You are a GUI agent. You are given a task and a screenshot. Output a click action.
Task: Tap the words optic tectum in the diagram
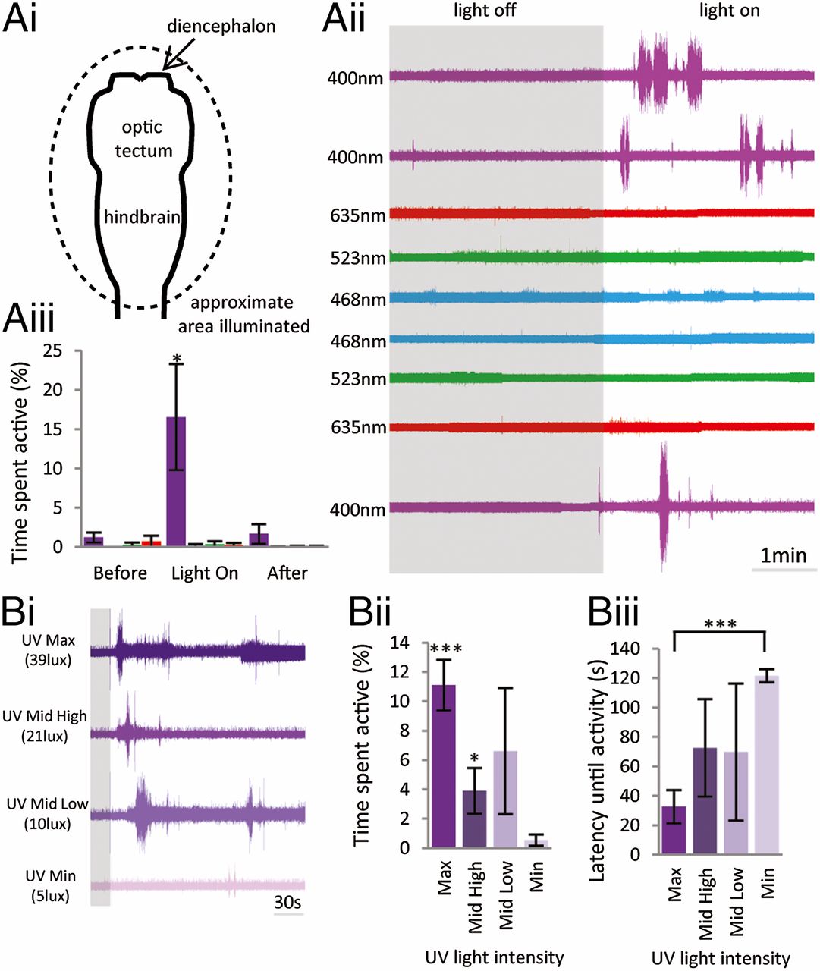(143, 139)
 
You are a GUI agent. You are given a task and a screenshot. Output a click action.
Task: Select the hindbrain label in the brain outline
(142, 218)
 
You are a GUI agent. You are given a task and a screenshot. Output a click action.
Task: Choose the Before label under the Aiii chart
(120, 573)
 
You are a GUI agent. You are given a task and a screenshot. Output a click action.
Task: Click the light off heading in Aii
(484, 11)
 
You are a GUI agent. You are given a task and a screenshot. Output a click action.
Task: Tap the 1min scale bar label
(784, 555)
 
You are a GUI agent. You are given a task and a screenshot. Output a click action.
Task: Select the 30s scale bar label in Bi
(287, 902)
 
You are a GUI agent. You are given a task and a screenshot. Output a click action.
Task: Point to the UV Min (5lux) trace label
(50, 886)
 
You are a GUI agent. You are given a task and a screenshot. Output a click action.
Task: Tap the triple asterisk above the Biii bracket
(719, 625)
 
